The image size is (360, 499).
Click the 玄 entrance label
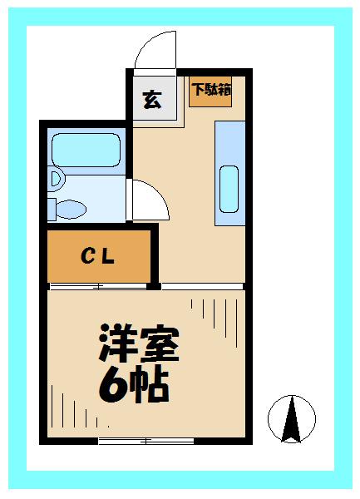click(x=152, y=100)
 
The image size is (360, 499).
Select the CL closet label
click(x=97, y=256)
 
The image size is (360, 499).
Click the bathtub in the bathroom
click(x=86, y=149)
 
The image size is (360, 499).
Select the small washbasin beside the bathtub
click(x=55, y=178)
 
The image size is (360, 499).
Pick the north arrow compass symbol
click(x=290, y=417)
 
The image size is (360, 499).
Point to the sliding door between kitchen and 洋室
click(x=204, y=287)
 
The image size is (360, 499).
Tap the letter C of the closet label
click(x=86, y=256)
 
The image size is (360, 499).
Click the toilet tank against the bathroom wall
click(x=52, y=208)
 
